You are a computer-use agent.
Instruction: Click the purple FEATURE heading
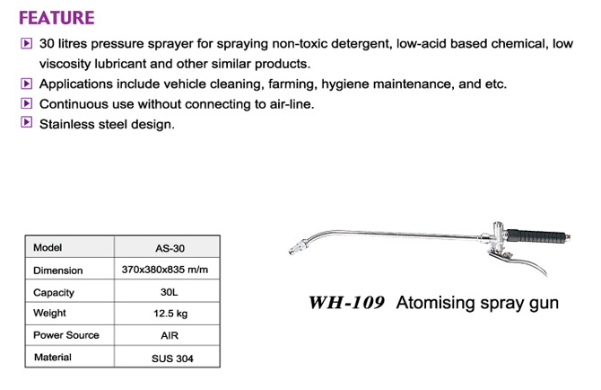pyautogui.click(x=57, y=18)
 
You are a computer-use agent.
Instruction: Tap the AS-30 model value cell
pyautogui.click(x=170, y=248)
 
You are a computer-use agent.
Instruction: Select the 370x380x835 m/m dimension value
pyautogui.click(x=165, y=270)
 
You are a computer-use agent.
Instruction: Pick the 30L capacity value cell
pyautogui.click(x=169, y=292)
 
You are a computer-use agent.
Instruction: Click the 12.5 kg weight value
pyautogui.click(x=170, y=314)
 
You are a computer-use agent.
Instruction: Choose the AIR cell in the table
pyautogui.click(x=170, y=335)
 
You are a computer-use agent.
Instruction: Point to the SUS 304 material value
pyautogui.click(x=172, y=359)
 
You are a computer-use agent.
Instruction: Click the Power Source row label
pyautogui.click(x=65, y=335)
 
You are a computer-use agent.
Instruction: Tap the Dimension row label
pyautogui.click(x=58, y=270)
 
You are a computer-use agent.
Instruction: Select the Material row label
pyautogui.click(x=53, y=357)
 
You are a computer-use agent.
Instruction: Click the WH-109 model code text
pyautogui.click(x=346, y=303)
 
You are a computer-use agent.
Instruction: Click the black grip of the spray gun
pyautogui.click(x=536, y=235)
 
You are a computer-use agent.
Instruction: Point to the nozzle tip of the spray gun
pyautogui.click(x=291, y=252)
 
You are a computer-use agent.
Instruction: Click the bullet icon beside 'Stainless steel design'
pyautogui.click(x=26, y=122)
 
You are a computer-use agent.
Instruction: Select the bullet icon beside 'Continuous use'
pyautogui.click(x=26, y=102)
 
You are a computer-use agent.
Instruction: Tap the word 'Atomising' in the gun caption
pyautogui.click(x=435, y=303)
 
